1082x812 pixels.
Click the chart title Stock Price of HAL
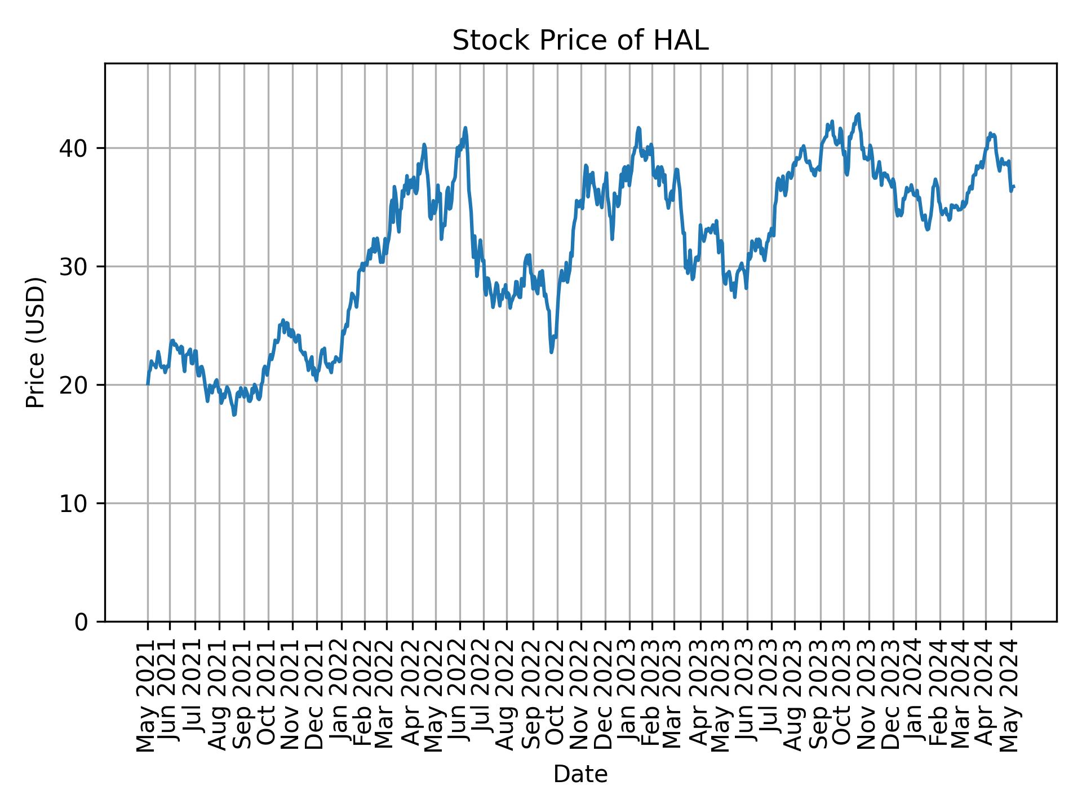(580, 41)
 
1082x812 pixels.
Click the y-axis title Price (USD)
(36, 342)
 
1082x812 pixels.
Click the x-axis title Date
(580, 774)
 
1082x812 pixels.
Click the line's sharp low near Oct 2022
(551, 352)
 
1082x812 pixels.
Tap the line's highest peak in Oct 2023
(858, 114)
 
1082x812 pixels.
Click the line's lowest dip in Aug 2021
(234, 415)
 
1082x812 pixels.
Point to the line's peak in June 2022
(465, 127)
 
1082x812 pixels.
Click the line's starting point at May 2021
(148, 384)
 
